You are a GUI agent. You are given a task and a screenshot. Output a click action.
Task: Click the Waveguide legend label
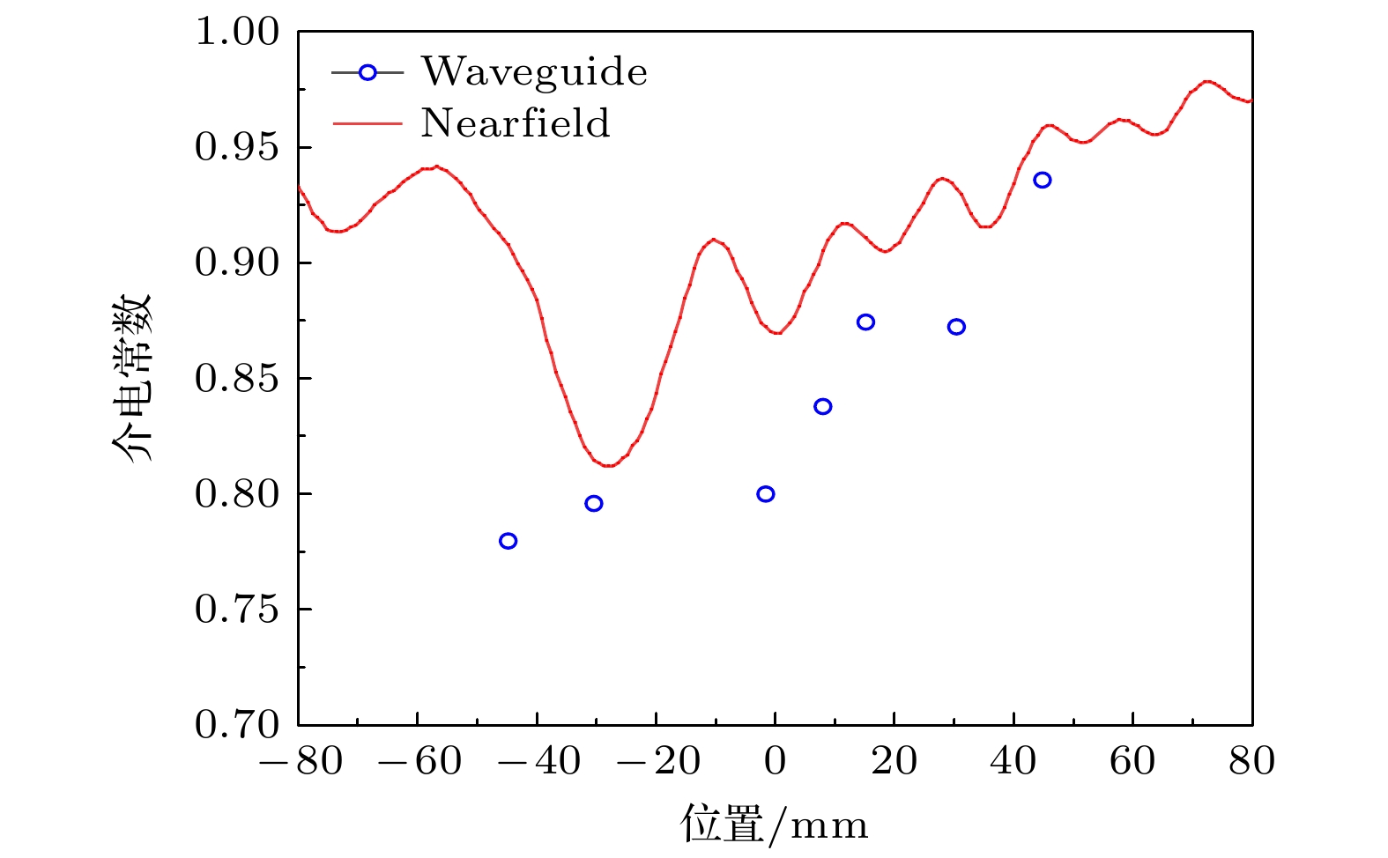pos(534,72)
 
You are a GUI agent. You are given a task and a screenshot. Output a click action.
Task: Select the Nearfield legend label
pos(516,123)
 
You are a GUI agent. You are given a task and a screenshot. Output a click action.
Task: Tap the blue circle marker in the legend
pos(367,73)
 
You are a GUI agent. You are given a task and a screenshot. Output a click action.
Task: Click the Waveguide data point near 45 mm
pos(1043,181)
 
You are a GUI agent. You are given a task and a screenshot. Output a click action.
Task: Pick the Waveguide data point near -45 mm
pos(508,541)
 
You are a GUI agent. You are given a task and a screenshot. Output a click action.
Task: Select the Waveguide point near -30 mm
pos(594,504)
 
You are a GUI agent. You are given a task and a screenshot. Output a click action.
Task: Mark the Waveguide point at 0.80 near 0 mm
pos(766,494)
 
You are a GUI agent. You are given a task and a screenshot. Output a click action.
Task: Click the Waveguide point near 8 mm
pos(823,407)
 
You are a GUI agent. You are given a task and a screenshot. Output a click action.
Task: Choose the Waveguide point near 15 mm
pos(865,322)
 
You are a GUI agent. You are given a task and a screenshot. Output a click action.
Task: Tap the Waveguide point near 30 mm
pos(956,328)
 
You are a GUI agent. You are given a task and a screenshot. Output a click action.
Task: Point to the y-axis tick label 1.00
pos(236,33)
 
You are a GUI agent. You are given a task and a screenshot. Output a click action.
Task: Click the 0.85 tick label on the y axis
pos(236,380)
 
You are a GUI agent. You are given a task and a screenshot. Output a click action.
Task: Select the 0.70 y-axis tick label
pos(236,725)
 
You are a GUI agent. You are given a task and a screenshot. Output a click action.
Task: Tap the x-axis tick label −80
pos(301,762)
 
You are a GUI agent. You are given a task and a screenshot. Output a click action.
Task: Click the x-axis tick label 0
pos(776,762)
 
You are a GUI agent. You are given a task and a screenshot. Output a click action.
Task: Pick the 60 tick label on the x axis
pos(1132,762)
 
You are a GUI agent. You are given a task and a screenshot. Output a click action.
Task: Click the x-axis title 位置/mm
pos(774,825)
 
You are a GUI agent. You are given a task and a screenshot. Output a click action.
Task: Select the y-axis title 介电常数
pos(132,379)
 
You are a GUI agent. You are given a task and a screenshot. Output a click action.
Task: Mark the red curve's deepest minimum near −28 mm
pos(608,465)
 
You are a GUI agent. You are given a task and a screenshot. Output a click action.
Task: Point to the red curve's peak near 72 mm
pos(1207,81)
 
